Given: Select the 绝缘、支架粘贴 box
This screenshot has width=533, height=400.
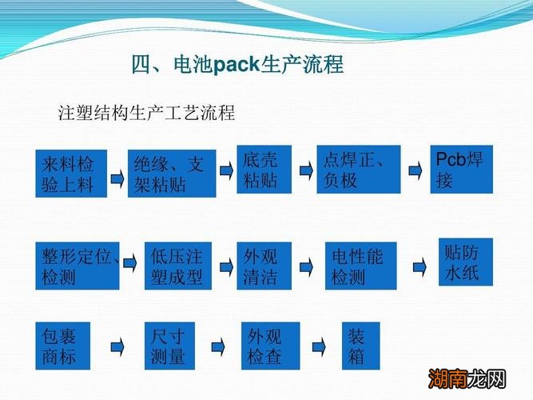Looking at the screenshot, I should (172, 174).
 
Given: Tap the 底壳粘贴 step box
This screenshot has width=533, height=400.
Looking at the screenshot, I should (264, 169).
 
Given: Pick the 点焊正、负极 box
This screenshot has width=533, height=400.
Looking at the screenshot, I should (356, 169).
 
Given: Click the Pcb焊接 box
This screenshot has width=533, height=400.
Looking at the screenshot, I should (461, 169).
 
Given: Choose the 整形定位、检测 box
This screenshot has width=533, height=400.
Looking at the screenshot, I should (78, 266).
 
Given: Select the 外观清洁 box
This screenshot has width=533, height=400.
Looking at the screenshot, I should (264, 266).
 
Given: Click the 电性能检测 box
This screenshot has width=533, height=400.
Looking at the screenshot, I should (360, 266).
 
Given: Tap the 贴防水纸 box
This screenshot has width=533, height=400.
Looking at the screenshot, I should (465, 262).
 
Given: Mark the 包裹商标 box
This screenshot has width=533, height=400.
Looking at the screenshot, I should (63, 345).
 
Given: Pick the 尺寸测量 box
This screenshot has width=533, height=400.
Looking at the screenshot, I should (169, 345).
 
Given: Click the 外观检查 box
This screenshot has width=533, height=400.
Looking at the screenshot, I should (271, 345).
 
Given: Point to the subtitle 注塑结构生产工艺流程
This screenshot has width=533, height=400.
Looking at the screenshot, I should (147, 111).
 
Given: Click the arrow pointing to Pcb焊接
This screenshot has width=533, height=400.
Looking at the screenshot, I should (415, 170).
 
